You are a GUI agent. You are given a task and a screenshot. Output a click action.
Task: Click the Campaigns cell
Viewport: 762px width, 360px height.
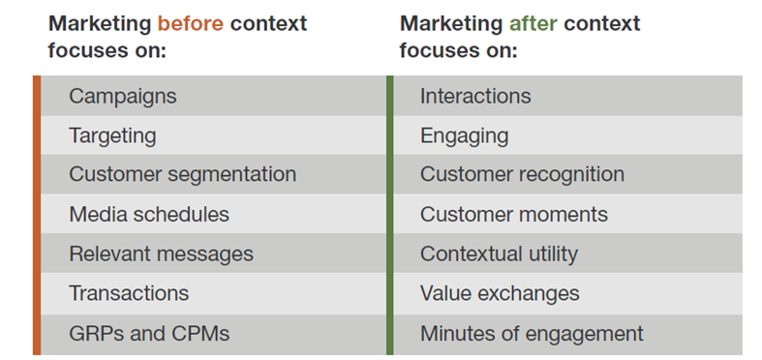(x=122, y=96)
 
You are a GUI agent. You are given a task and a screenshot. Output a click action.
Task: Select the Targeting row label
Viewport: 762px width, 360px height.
(x=112, y=135)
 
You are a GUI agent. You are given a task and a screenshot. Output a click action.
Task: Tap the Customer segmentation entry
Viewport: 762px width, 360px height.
(x=182, y=175)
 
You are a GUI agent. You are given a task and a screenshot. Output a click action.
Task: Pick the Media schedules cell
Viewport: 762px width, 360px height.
(x=149, y=215)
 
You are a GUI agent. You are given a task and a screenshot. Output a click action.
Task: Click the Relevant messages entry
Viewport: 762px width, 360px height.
(x=161, y=255)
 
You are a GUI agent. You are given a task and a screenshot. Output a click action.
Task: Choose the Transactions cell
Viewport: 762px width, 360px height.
(x=129, y=293)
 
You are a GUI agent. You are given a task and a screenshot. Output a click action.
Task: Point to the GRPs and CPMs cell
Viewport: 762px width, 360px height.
(x=149, y=334)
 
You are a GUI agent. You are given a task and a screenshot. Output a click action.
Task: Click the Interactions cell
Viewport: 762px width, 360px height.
(x=475, y=96)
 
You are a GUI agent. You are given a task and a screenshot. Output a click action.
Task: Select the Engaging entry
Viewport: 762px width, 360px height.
(x=464, y=135)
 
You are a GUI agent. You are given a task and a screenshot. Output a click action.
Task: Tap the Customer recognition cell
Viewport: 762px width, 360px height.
(x=522, y=175)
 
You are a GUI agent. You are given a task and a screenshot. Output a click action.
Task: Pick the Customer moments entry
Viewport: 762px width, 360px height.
(x=513, y=215)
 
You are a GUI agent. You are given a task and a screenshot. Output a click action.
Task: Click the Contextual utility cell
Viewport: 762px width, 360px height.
(x=499, y=255)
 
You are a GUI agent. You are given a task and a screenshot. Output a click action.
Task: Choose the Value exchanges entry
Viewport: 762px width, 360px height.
(x=500, y=293)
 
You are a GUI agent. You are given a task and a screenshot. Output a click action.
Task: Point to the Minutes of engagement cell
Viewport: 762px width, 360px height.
(x=532, y=334)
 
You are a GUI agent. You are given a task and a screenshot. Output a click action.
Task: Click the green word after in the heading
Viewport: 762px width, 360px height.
(x=538, y=23)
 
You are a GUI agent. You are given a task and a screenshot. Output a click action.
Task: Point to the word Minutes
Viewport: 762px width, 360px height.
(x=455, y=334)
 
